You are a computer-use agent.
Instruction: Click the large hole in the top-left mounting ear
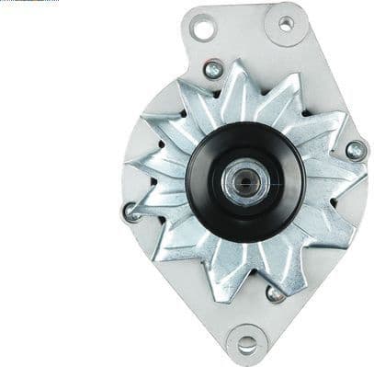(x=204, y=28)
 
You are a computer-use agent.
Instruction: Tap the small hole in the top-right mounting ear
(x=286, y=24)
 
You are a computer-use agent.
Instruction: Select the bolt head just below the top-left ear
(x=213, y=69)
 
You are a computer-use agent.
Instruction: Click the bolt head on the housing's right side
(x=356, y=149)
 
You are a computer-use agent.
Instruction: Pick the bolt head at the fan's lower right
(x=274, y=293)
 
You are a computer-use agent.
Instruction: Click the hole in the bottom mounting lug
(x=247, y=344)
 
